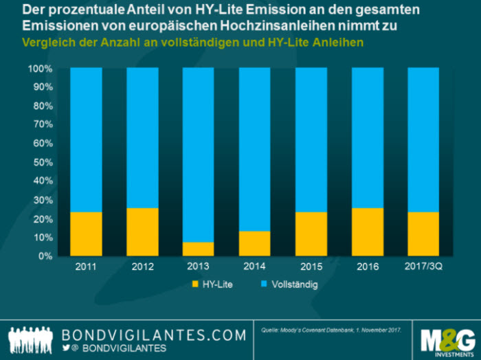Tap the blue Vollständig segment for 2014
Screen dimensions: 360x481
254,149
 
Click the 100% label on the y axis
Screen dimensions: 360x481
40,69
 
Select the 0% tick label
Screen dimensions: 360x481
43,256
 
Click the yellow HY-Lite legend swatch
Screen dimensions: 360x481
193,283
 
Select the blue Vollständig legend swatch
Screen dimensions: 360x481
264,283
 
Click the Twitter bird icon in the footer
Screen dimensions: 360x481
66,348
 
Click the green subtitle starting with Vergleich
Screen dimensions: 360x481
193,42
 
